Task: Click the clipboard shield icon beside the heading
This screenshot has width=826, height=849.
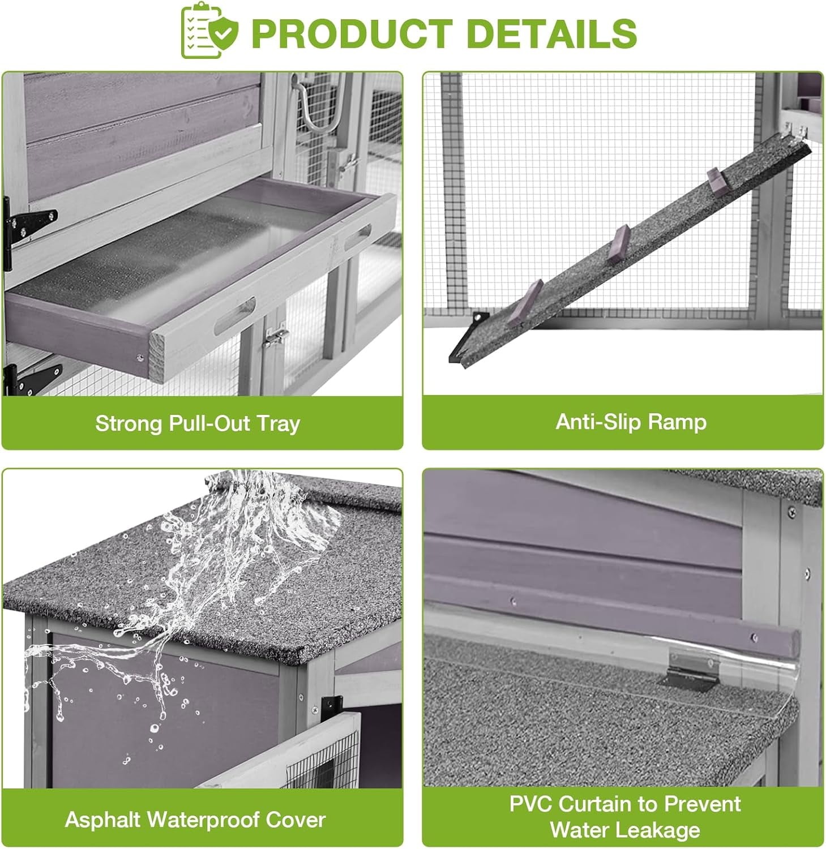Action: click(x=209, y=32)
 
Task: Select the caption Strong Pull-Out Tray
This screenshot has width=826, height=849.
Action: click(x=198, y=423)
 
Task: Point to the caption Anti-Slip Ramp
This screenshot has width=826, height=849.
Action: click(x=631, y=422)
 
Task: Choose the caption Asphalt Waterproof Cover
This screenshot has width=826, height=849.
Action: click(x=195, y=820)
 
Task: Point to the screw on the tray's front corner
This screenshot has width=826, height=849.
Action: click(x=139, y=357)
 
